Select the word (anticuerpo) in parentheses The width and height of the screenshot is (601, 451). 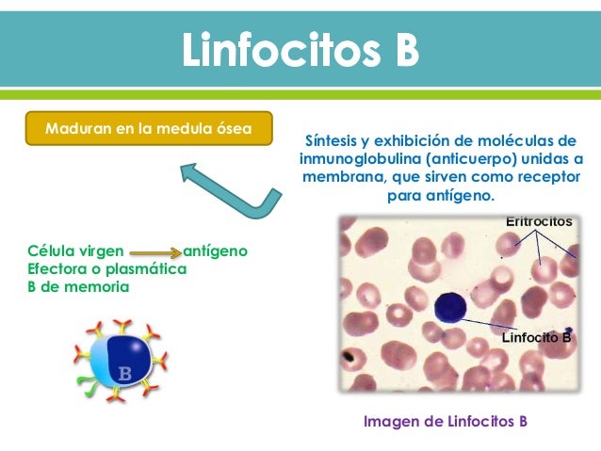click(472, 159)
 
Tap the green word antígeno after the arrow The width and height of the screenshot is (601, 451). click(215, 251)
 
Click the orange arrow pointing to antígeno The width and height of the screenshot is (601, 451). click(154, 252)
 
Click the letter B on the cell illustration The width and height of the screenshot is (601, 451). click(123, 374)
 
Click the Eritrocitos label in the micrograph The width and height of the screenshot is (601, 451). click(538, 221)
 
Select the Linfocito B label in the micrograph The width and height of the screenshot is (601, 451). click(536, 336)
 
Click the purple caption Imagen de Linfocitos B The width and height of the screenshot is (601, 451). click(445, 421)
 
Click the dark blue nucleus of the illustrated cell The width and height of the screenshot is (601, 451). click(130, 356)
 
